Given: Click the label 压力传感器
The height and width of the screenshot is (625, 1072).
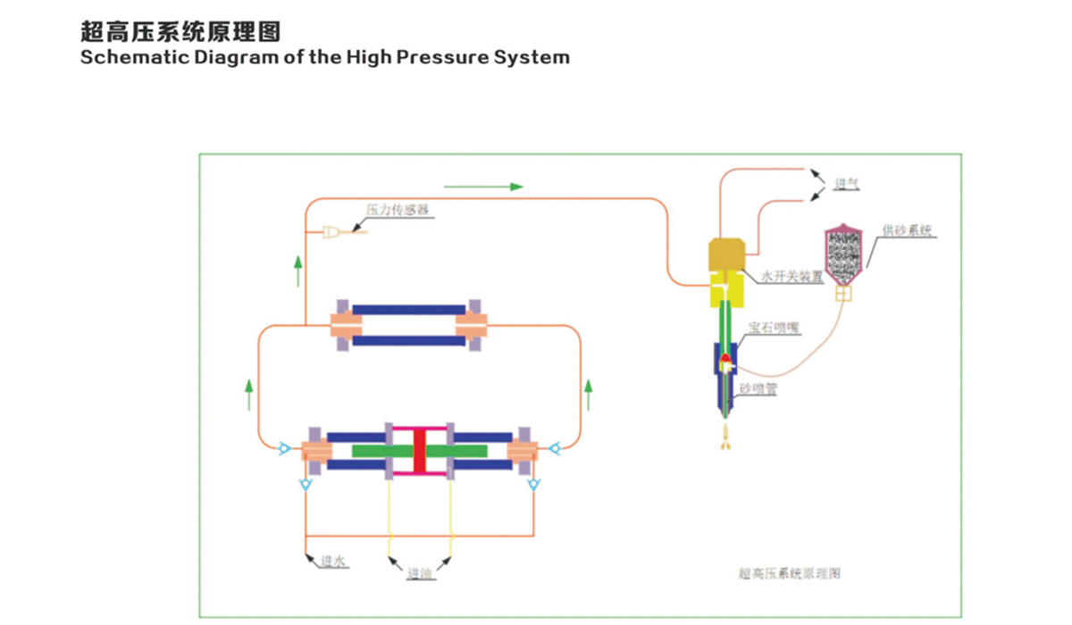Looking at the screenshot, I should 398,210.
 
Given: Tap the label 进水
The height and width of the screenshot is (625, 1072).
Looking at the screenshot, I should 334,562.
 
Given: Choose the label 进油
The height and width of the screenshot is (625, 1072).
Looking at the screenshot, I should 420,573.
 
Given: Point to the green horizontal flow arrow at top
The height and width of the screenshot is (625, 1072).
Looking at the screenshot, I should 482,187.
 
